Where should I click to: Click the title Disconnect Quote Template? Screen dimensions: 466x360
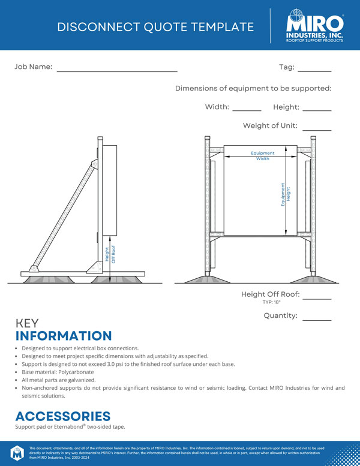point(155,27)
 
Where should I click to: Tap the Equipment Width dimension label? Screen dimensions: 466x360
point(263,156)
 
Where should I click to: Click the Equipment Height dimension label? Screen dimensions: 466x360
point(285,195)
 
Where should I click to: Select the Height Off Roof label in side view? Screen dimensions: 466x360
point(110,254)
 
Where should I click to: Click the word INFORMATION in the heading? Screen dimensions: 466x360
point(64,336)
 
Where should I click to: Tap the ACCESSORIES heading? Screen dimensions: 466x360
point(62,416)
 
